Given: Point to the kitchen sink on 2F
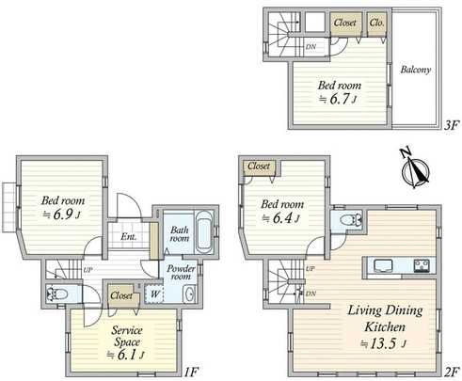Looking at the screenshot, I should [385, 264].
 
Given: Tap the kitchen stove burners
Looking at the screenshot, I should [422, 264].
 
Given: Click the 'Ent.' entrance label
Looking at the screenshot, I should [129, 236].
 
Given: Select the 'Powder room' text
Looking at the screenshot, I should [182, 273].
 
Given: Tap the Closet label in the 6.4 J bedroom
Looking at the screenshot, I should [260, 167].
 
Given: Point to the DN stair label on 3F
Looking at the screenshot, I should [311, 44].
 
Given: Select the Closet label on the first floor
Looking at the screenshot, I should [120, 295].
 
